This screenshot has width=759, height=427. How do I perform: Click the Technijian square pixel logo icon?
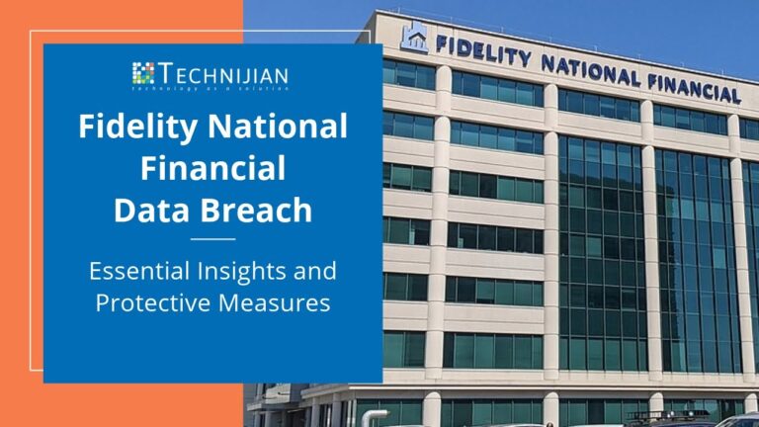pos(143,73)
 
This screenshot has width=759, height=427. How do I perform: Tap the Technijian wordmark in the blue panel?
pos(223,71)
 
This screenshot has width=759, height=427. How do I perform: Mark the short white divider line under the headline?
pos(212,238)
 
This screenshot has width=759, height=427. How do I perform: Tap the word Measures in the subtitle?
pos(273,302)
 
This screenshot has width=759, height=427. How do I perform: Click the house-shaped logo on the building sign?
pos(414,37)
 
